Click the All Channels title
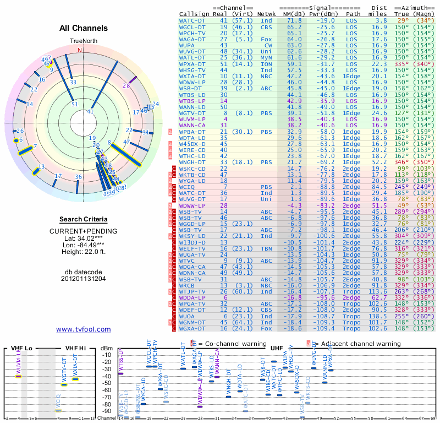pyautogui.click(x=84, y=28)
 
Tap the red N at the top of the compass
pyautogui.click(x=79, y=50)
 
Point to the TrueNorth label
pyautogui.click(x=83, y=41)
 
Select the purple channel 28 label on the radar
pyautogui.click(x=126, y=85)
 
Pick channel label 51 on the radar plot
pyautogui.click(x=75, y=104)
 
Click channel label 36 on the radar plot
pyautogui.click(x=78, y=177)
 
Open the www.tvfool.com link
pyautogui.click(x=84, y=329)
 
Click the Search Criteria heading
pyautogui.click(x=84, y=219)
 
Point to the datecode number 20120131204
pyautogui.click(x=84, y=279)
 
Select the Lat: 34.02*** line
pyautogui.click(x=84, y=238)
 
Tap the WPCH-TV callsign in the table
pyautogui.click(x=193, y=33)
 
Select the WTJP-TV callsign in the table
pyautogui.click(x=193, y=291)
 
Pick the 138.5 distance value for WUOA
pyautogui.click(x=378, y=316)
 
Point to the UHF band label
pyautogui.click(x=276, y=348)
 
